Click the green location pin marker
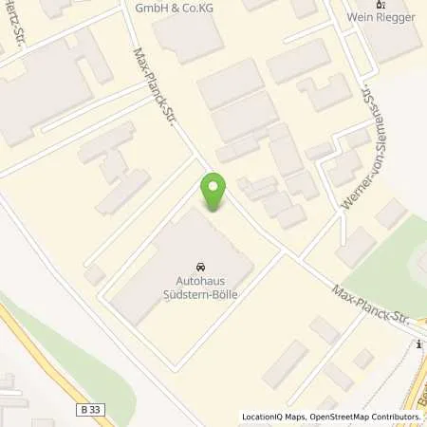[213, 192]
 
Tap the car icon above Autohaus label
[200, 267]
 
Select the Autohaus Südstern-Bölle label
[200, 288]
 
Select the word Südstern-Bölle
[200, 294]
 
